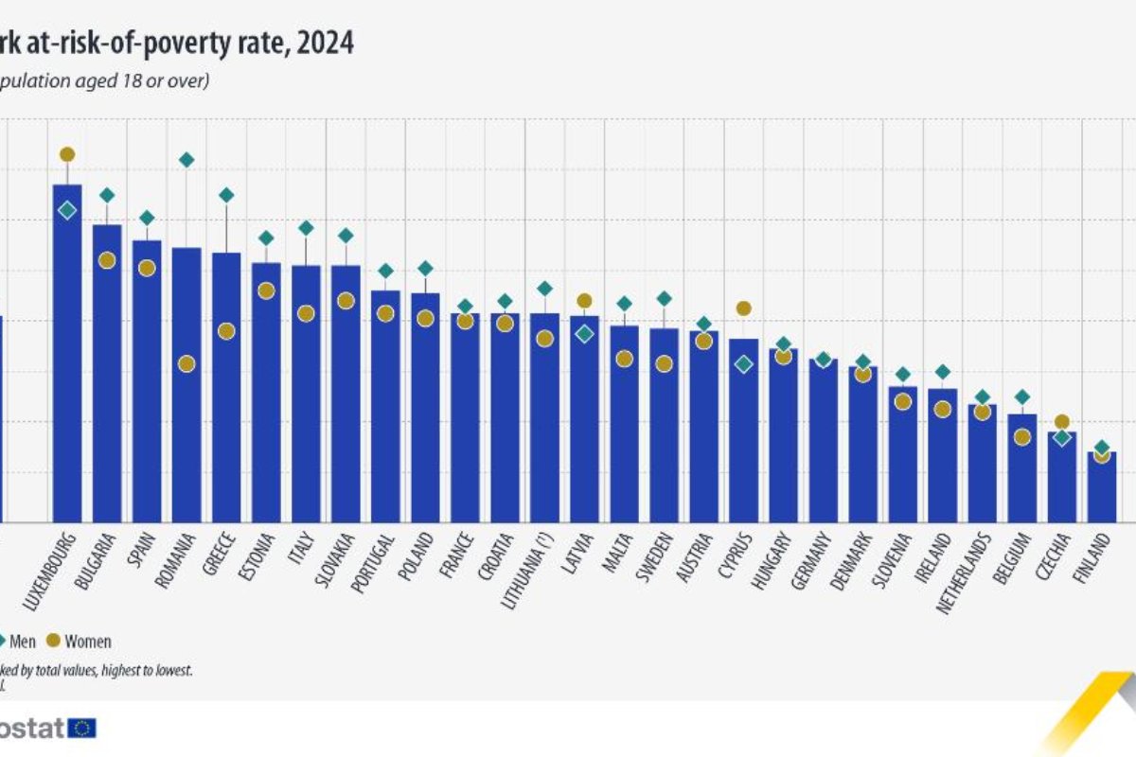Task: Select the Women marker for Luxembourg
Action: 66,154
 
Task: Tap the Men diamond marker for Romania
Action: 186,160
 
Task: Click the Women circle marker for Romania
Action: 186,363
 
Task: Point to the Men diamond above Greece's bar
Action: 226,195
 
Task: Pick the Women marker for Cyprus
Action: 743,308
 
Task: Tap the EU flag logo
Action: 83,728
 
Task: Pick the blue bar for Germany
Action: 823,440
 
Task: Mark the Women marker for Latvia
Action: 584,301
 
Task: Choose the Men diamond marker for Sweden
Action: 664,298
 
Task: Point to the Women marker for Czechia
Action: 1061,422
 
